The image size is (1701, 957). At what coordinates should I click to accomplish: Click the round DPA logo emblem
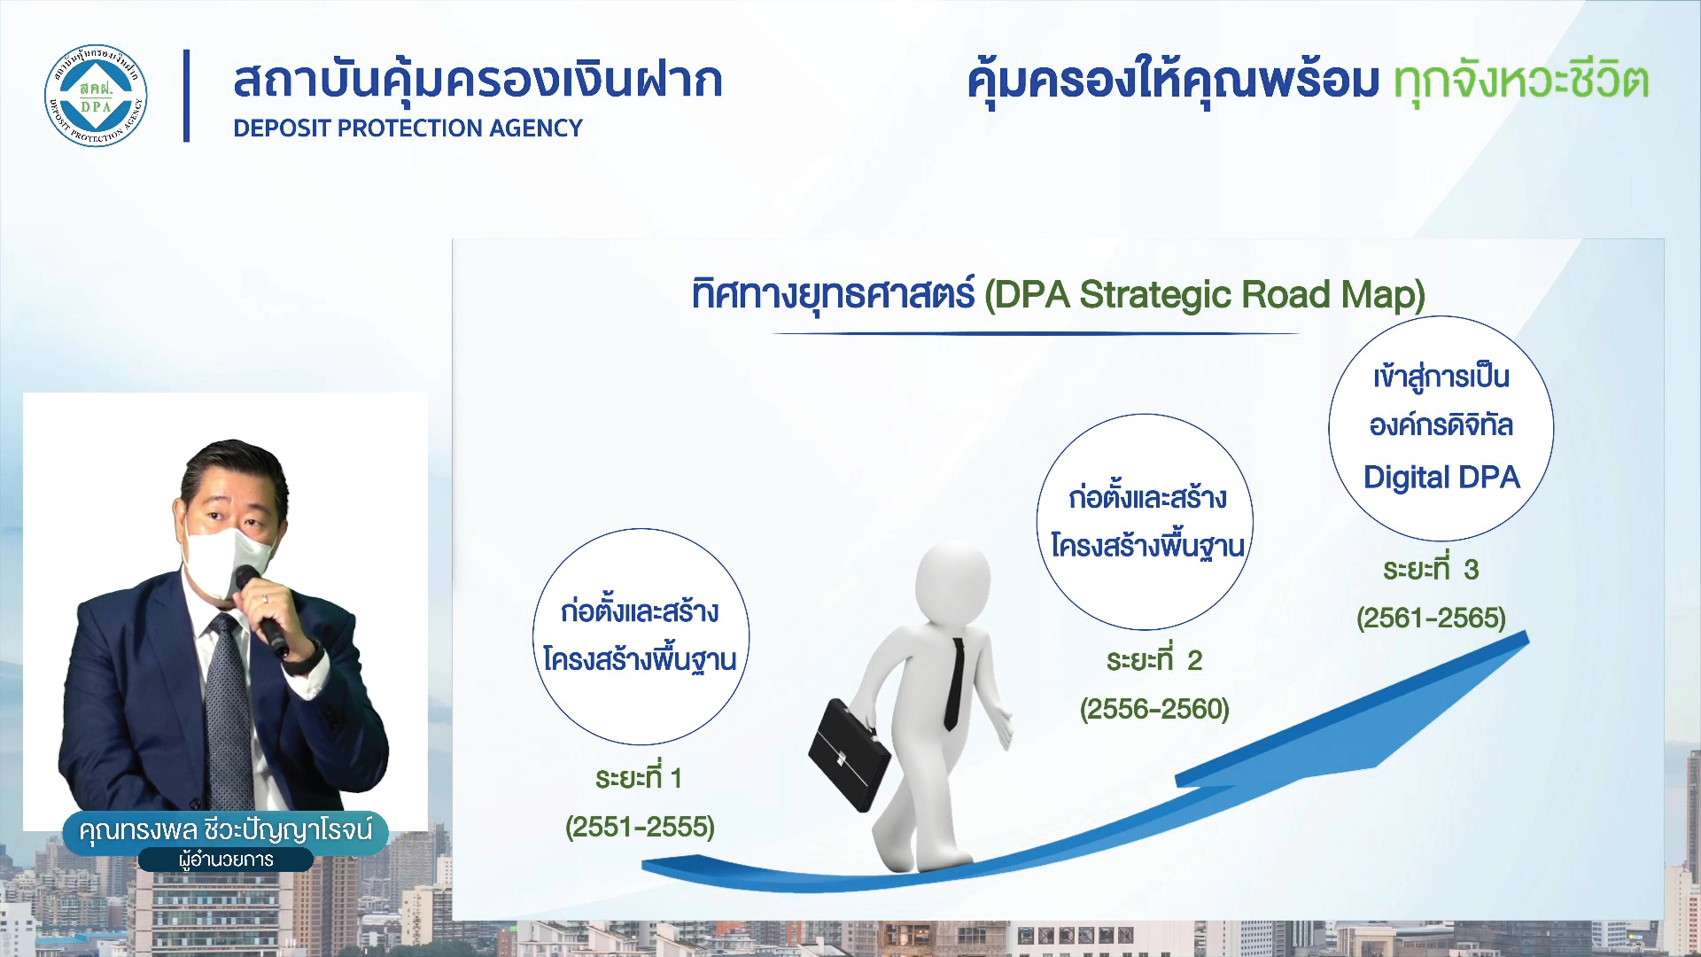pos(96,96)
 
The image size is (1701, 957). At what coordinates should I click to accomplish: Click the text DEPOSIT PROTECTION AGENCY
pos(408,128)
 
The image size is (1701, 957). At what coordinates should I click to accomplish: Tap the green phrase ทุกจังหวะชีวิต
pos(1520,82)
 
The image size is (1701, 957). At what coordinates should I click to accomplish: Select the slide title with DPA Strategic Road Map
pos(1059,294)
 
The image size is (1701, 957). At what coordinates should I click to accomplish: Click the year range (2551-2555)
pos(640,827)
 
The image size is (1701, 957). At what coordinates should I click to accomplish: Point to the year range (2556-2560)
pos(1154,709)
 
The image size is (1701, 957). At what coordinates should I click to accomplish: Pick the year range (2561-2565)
pos(1431,618)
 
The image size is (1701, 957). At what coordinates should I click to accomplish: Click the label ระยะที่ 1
pos(638,777)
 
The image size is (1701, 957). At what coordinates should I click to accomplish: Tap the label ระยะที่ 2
pos(1153,659)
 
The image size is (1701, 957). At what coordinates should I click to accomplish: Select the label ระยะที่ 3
pos(1431,568)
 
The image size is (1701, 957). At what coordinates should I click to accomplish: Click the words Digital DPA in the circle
pos(1441,477)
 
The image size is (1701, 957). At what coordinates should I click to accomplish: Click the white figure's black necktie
pos(954,682)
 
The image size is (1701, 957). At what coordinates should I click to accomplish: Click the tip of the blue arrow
pos(1527,632)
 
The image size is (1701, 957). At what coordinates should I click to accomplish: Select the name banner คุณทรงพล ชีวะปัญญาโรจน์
pos(225,830)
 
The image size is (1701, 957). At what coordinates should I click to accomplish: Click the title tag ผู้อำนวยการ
pos(225,860)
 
